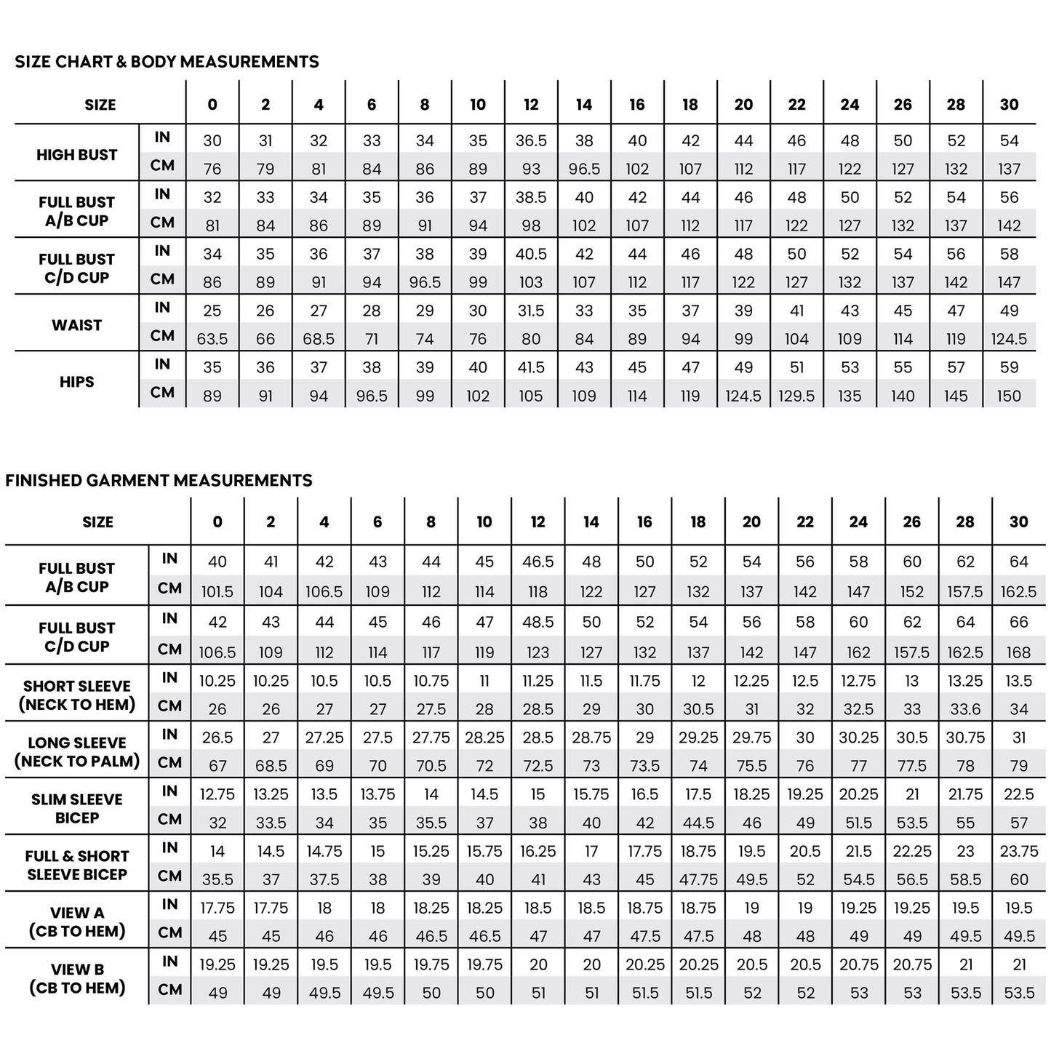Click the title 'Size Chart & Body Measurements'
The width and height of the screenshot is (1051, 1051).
coord(167,62)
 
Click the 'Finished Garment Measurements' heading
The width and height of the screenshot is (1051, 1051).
coord(159,480)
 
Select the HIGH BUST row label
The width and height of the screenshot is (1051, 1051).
coord(76,154)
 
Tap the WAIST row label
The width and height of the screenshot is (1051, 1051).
coord(76,325)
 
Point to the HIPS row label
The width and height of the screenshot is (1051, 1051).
coord(76,381)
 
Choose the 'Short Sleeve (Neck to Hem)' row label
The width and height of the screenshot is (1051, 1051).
coord(76,695)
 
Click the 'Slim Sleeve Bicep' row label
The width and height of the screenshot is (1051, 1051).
coord(76,808)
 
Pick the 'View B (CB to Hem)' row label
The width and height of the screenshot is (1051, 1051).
coord(76,978)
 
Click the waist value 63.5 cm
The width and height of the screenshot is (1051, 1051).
coord(212,339)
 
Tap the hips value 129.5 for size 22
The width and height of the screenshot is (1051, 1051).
coord(796,396)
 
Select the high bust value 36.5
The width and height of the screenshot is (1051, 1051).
coord(531,140)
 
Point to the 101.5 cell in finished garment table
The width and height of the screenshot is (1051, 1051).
coord(217,592)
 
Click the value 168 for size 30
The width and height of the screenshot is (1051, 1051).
coord(1018,652)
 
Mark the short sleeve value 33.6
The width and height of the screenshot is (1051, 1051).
coord(965,709)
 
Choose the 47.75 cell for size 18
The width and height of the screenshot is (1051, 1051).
coord(698,879)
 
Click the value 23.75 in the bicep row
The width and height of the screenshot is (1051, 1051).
coord(1018,851)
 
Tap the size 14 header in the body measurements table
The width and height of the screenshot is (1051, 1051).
coord(584,105)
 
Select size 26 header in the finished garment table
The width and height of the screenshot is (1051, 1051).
coord(911,521)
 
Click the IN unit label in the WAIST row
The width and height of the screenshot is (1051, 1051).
coord(162,308)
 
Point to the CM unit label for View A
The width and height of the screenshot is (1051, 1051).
coord(169,932)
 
